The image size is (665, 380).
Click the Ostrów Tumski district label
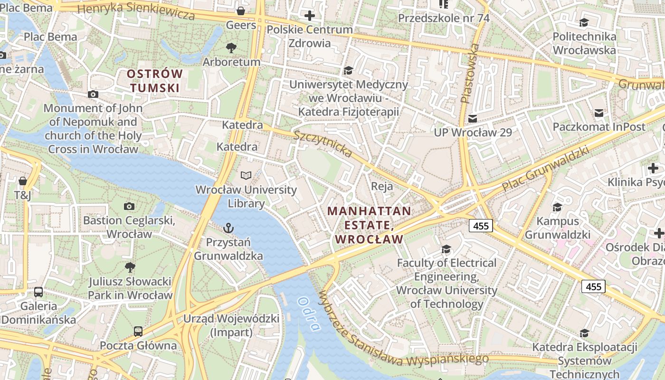point(155,81)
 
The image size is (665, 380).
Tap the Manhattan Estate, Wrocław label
point(369,225)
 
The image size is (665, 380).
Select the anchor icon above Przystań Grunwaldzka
point(228,228)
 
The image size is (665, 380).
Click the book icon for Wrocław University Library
point(246,176)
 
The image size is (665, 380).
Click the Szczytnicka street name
point(323,143)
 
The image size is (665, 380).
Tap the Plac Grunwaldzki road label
point(546,169)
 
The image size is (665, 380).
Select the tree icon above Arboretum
point(231,47)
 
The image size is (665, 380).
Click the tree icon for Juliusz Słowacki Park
point(130,267)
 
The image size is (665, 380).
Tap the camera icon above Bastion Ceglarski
point(129,206)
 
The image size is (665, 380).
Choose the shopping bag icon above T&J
point(22,181)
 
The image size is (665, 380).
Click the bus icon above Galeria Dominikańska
point(38,292)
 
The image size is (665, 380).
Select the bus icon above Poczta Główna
point(138,331)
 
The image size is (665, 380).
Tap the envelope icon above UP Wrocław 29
point(473,118)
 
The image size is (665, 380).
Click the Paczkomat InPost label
point(599,127)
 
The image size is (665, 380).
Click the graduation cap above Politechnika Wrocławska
point(584,22)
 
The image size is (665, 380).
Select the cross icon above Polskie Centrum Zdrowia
point(310,16)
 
